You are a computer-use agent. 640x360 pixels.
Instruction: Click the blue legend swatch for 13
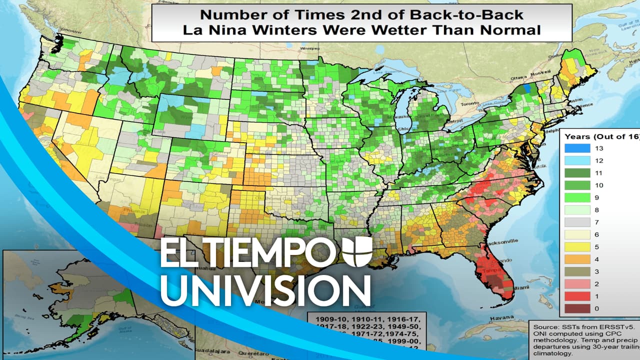(577, 148)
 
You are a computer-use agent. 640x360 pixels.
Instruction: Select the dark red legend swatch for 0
(577, 308)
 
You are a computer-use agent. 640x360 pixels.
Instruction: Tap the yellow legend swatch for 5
(577, 247)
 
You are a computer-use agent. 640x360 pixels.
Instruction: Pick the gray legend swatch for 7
(577, 222)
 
